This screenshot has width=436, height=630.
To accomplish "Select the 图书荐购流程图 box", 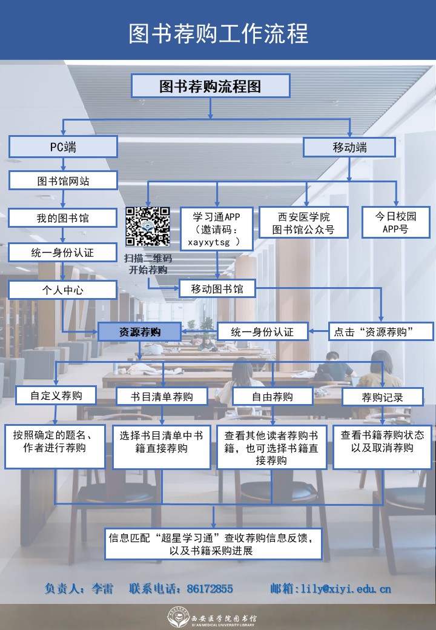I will [x=211, y=86].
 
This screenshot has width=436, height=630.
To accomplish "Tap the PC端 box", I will [x=62, y=147].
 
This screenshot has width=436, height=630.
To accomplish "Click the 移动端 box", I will [x=349, y=147].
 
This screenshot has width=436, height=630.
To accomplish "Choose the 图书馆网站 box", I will [x=62, y=181].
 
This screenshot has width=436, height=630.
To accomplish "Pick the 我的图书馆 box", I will [x=62, y=217].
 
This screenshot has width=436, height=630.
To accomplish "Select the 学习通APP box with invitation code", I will [x=217, y=229].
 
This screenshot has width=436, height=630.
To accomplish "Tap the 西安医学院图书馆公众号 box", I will [x=304, y=223].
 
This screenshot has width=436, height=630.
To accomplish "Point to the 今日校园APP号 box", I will [x=396, y=222].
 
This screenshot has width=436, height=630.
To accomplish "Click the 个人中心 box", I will [x=62, y=290].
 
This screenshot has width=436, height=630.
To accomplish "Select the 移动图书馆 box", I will [x=217, y=288].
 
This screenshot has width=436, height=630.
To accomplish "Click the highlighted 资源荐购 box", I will [x=139, y=331].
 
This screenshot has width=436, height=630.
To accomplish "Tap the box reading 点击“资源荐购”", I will [x=381, y=331].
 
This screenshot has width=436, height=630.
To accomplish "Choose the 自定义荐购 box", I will [x=56, y=396].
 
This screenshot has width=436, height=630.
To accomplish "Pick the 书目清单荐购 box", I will [x=162, y=397].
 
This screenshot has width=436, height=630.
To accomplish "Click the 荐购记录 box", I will [x=382, y=397].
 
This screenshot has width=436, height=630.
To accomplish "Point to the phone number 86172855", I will [x=210, y=588].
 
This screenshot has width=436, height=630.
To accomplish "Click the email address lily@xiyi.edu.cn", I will [x=346, y=588].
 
